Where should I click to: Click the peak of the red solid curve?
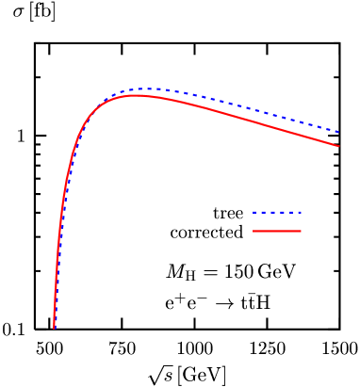(137, 95)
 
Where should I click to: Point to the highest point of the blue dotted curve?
(151, 89)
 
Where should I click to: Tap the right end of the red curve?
(338, 146)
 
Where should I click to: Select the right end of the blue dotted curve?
(338, 132)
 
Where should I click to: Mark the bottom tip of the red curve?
(54, 328)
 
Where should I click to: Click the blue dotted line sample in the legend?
(277, 212)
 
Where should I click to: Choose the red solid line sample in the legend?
(277, 231)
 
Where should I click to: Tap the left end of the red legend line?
(254, 231)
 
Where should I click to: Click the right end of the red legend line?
(301, 231)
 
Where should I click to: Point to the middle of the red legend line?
(277, 231)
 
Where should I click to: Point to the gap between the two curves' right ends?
(337, 139)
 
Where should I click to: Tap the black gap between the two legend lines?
(277, 221)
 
